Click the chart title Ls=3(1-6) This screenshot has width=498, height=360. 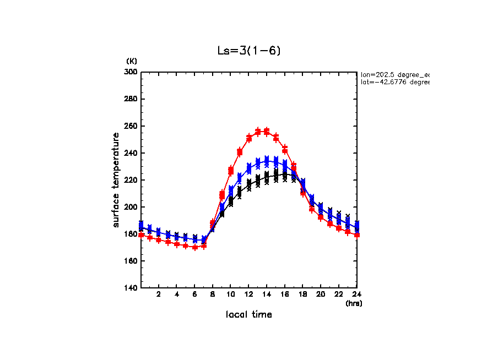click(250, 51)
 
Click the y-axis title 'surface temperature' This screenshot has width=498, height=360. click(116, 180)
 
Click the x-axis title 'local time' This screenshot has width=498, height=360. click(248, 314)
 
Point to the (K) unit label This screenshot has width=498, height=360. click(132, 61)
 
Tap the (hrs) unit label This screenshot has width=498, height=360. click(353, 303)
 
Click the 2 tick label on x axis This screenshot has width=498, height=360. click(159, 294)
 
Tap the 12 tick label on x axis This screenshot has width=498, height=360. click(248, 294)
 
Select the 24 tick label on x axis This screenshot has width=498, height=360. click(356, 294)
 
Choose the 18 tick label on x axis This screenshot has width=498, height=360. click(302, 294)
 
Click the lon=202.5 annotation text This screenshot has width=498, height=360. click(394, 74)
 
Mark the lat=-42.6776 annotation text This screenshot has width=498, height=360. click(394, 82)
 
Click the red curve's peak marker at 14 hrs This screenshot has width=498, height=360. click(267, 132)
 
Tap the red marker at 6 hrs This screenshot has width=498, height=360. click(195, 247)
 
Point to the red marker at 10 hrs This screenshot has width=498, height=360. click(231, 171)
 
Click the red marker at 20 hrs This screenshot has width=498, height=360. click(321, 217)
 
